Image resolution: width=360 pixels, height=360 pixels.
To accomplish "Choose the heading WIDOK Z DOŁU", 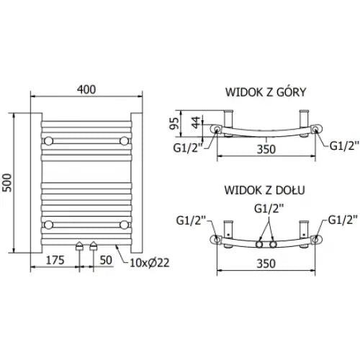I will click(264, 191).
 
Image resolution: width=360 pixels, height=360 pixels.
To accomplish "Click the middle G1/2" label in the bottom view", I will click(267, 209).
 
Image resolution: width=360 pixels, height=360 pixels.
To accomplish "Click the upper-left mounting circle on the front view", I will click(48, 139).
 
